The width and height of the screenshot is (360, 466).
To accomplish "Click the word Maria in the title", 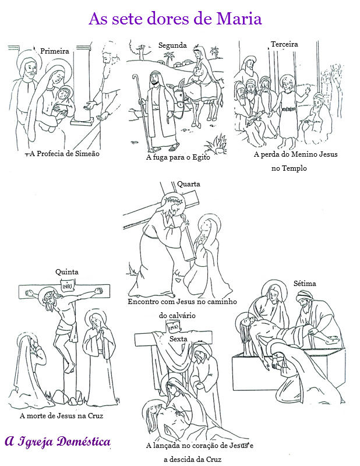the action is coord(238,19).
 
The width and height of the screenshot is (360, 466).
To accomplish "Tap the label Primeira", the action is coord(55,51).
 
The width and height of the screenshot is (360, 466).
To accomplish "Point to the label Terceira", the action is coord(284,44).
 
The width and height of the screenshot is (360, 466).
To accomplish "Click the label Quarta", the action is coord(189,184).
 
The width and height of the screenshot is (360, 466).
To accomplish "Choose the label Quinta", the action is coord(66,272).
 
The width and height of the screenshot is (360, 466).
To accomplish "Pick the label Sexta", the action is coord(178,338).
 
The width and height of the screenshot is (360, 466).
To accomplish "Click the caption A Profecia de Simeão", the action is coord(65,154).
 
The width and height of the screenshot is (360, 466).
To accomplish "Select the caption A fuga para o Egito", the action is coord(177,157).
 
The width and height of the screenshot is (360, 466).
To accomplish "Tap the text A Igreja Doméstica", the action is coord(58,442).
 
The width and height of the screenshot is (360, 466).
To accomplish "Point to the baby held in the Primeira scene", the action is coord(63,96).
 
